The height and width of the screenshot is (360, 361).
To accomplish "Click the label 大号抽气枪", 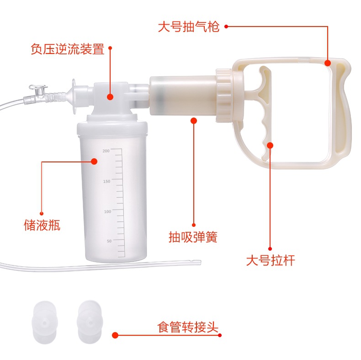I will click(189, 27).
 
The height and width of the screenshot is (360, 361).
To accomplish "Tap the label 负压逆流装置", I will click(68, 49).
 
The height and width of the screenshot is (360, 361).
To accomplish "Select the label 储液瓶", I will click(42, 225).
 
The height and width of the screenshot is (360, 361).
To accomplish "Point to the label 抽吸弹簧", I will click(193, 237).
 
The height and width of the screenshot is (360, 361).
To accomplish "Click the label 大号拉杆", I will click(271, 261).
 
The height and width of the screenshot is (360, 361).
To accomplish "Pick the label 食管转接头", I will click(188, 328).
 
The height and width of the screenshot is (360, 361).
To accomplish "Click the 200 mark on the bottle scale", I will click(106, 150).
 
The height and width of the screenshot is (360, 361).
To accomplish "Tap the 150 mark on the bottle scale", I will click(106, 181).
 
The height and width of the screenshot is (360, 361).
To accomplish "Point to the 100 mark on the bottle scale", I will click(107, 211).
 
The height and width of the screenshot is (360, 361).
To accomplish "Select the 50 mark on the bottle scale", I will click(109, 241).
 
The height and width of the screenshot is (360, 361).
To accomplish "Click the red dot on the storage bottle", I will click(94, 161).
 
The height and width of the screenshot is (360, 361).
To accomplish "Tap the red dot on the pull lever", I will click(270, 145).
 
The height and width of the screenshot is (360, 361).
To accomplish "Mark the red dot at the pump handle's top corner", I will click(328, 63).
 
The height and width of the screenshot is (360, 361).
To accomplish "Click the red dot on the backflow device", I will click(110, 97).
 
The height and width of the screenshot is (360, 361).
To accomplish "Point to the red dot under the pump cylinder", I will click(193, 120).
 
